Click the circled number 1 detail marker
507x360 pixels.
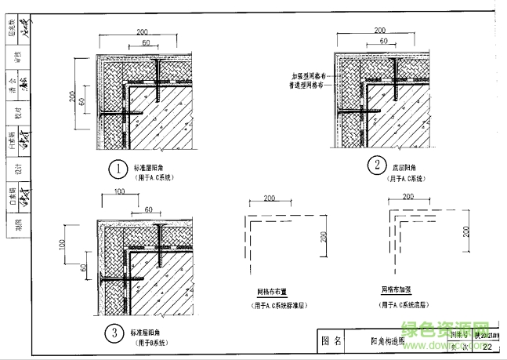click(x=117, y=169)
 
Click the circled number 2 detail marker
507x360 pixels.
click(x=377, y=165)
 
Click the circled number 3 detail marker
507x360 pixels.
click(x=114, y=334)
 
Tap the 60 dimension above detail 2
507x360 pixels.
click(x=382, y=40)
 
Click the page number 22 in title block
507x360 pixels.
click(x=487, y=347)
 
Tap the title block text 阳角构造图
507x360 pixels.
click(x=386, y=341)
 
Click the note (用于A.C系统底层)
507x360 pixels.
click(x=407, y=304)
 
